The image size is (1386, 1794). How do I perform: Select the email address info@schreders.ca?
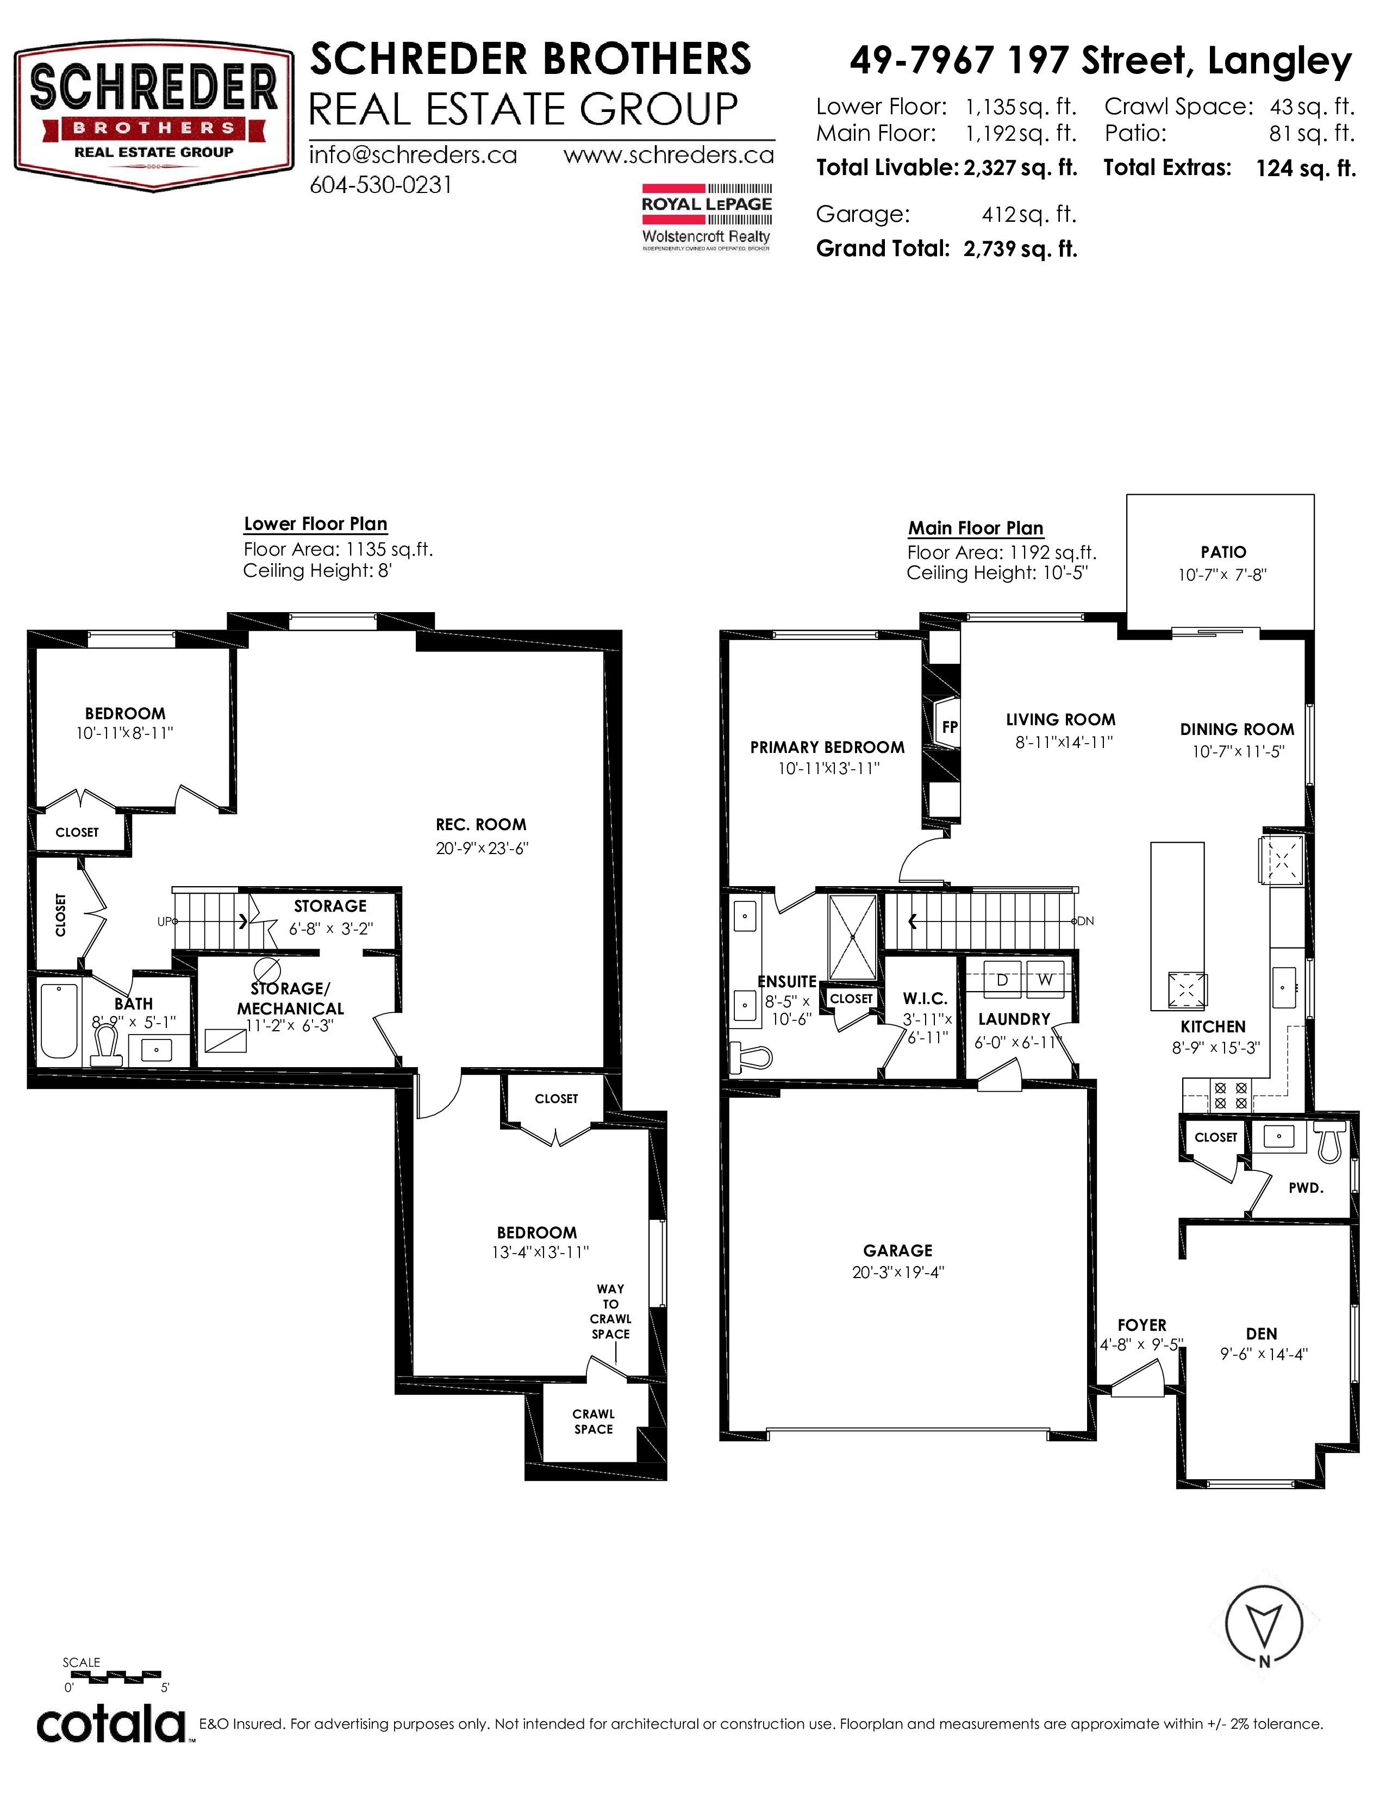coord(413,155)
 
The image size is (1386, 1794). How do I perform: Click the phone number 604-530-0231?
coord(381,185)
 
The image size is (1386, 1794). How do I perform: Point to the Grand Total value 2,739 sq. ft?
coord(1020,249)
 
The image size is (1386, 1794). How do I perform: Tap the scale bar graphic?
coord(113,1674)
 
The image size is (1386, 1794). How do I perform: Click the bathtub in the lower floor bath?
coord(60,1021)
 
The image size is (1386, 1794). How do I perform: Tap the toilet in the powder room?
coord(1331,1142)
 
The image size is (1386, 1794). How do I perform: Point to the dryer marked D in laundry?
coord(1002,980)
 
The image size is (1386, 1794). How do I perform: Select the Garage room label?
coord(897,1251)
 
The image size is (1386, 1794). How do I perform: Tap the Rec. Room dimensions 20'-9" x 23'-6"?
coord(482,849)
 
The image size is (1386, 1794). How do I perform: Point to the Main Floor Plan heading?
coord(976,528)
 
